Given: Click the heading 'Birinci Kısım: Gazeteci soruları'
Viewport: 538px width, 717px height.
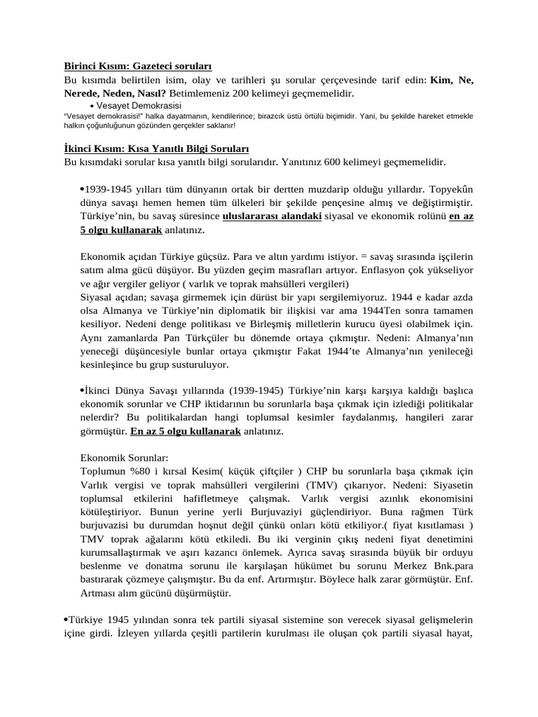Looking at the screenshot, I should tap(137, 67).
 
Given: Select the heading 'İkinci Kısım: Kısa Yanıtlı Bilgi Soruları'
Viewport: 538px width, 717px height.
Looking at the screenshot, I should tap(151, 149).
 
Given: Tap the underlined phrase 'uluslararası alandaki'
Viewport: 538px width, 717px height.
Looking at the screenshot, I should tap(272, 216).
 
